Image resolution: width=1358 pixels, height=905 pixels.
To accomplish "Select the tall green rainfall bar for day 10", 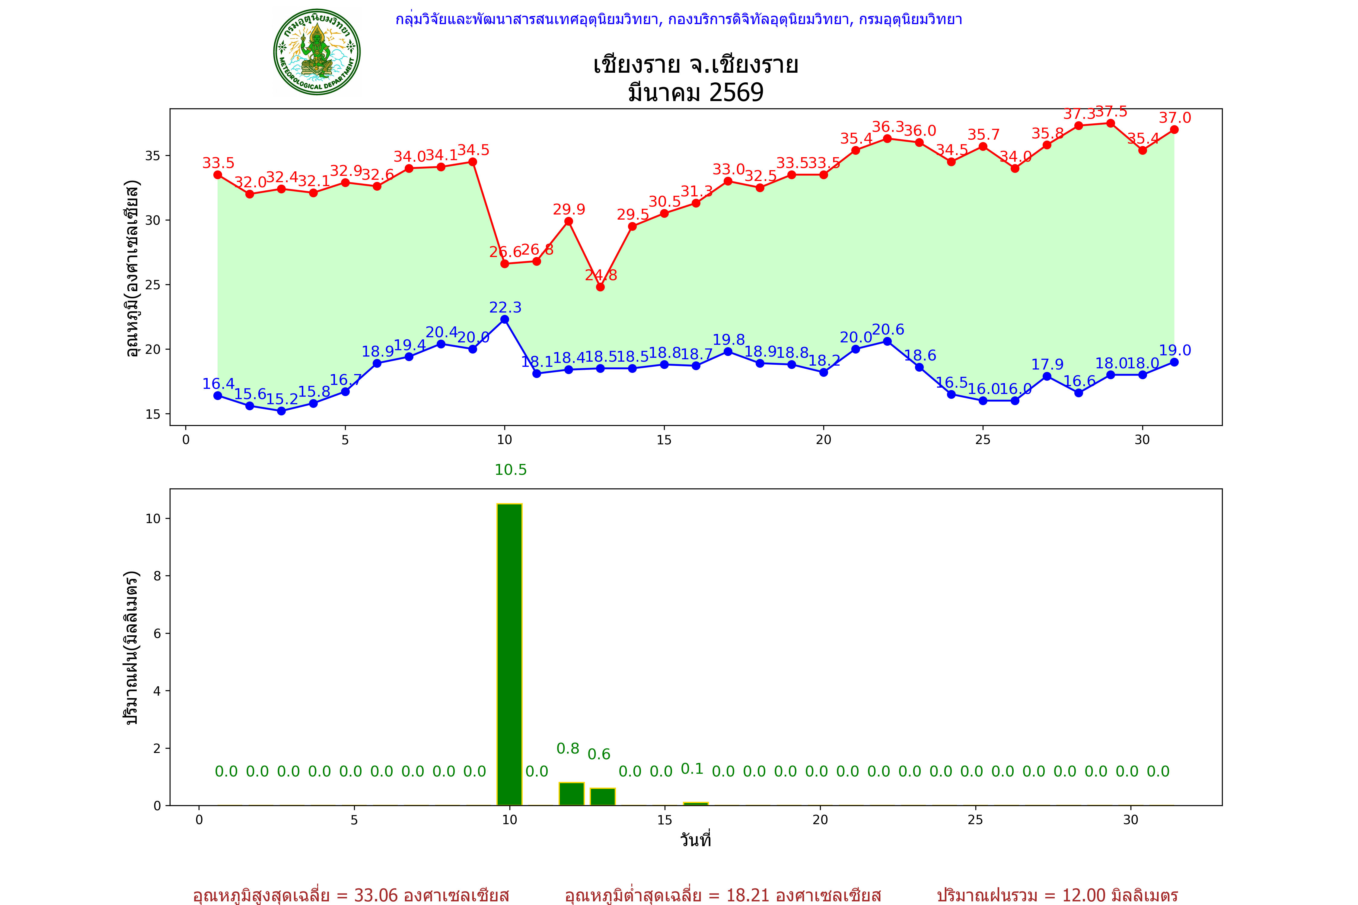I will click(509, 655).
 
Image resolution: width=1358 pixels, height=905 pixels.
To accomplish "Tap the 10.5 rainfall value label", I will click(510, 470).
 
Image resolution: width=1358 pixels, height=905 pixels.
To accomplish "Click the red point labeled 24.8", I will click(601, 287).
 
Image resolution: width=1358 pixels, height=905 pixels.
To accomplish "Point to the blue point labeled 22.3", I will click(505, 319).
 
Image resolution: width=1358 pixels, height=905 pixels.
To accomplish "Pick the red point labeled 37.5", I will click(1110, 123).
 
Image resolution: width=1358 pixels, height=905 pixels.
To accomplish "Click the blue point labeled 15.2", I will click(281, 411).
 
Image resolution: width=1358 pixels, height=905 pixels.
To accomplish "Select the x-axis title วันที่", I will click(696, 840).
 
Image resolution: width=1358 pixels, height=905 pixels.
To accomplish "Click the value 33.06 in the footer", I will click(376, 895).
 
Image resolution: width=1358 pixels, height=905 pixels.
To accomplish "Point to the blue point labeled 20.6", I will click(888, 342).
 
